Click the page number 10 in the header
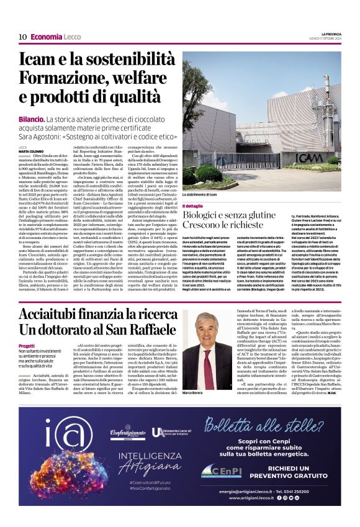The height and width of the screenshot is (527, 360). (22, 37)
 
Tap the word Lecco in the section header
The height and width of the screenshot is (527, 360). (74, 37)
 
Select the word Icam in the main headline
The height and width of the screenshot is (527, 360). (40, 60)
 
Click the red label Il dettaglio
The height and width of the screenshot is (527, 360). (194, 205)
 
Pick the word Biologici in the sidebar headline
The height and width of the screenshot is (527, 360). (209, 214)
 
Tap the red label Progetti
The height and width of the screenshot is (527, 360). (27, 346)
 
